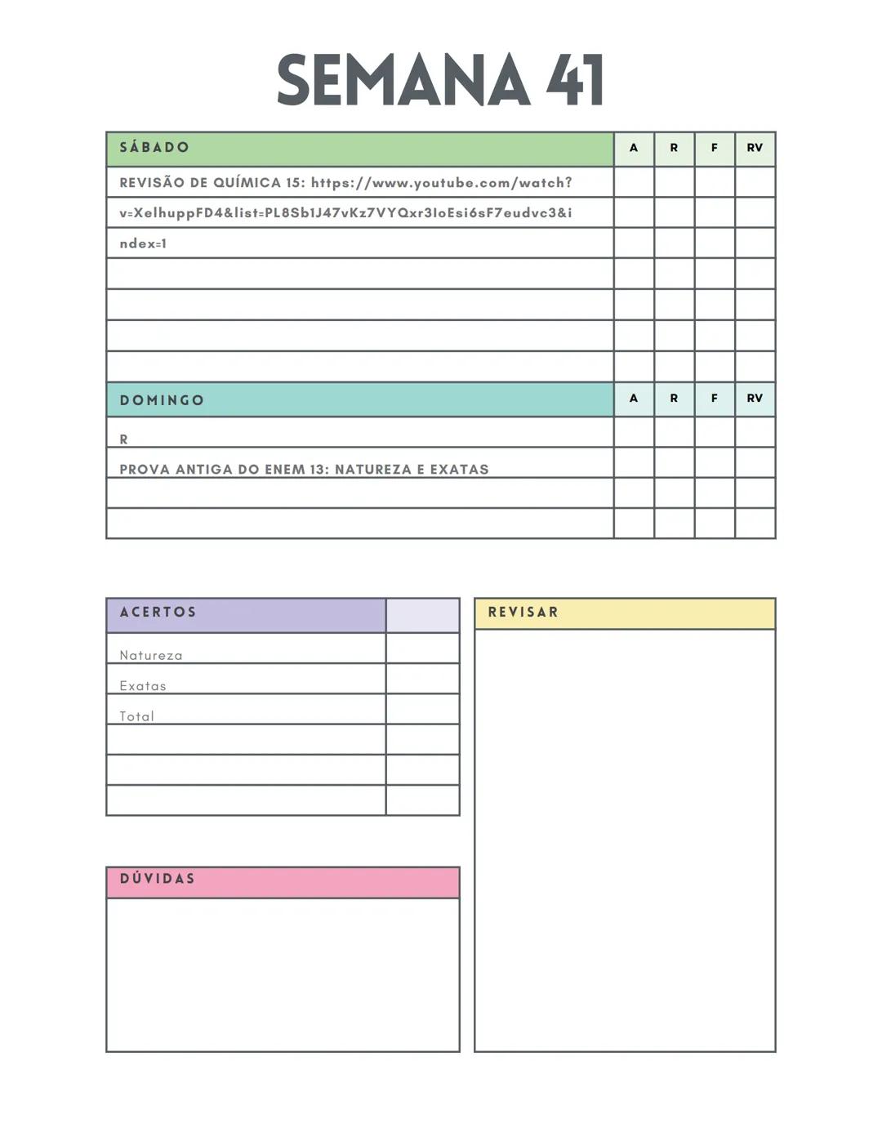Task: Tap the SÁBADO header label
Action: point(154,148)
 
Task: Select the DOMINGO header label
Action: point(162,400)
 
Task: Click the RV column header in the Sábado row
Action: point(755,149)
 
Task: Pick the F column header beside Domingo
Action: point(715,399)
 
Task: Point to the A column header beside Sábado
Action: point(634,149)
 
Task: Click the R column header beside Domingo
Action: point(674,399)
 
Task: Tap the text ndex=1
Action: point(143,243)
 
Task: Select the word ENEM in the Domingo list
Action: point(284,470)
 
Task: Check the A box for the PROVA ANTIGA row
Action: point(634,462)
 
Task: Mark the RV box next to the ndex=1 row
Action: point(755,243)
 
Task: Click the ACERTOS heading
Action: point(158,613)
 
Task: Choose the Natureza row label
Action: point(151,656)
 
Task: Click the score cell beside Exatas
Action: point(422,679)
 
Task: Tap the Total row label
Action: point(136,716)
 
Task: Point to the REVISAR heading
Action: point(523,613)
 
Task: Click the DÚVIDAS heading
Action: point(158,879)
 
